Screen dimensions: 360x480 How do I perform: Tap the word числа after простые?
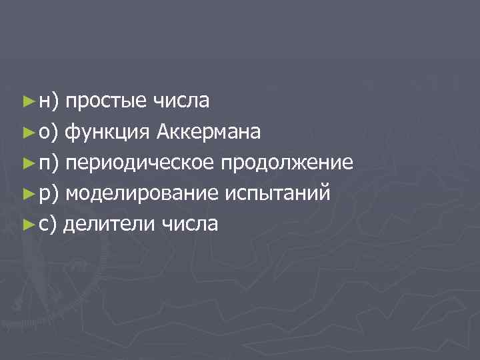(181, 101)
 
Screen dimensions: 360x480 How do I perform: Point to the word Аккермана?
(209, 132)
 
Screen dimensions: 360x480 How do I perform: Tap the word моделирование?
(142, 193)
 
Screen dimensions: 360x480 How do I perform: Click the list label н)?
(48, 102)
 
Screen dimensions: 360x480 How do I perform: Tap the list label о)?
(48, 133)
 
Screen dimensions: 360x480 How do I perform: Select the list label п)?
(48, 163)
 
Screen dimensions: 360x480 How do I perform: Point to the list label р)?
(48, 194)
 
